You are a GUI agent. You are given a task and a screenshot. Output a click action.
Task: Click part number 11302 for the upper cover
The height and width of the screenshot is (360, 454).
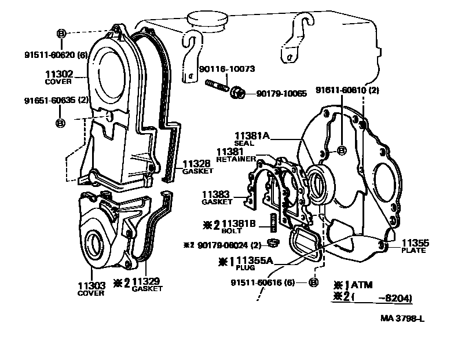(x=58, y=74)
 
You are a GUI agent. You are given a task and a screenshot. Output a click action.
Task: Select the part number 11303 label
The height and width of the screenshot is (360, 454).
(x=90, y=286)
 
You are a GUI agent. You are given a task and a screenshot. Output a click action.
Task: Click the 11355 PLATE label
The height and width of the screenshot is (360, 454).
(x=413, y=243)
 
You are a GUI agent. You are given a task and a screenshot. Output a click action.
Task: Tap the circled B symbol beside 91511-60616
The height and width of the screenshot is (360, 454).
(x=313, y=282)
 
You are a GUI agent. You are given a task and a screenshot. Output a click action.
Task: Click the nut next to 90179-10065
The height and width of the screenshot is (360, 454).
(x=236, y=92)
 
